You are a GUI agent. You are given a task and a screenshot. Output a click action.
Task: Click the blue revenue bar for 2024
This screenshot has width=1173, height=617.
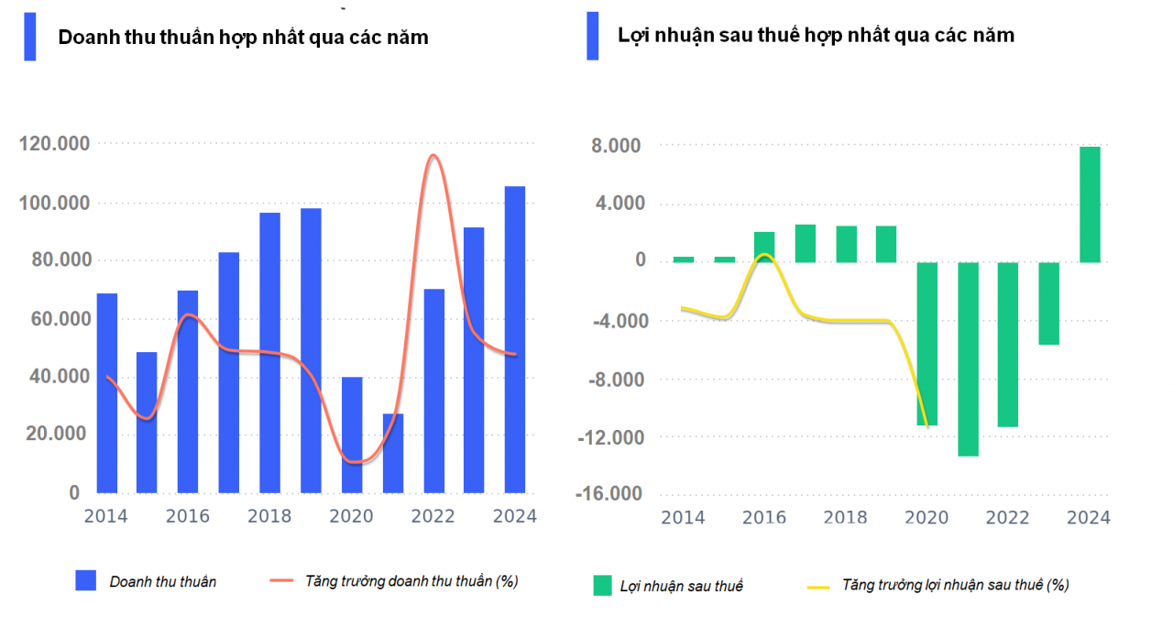(515, 339)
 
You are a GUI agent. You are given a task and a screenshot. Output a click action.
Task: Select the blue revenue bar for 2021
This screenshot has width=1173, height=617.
(393, 453)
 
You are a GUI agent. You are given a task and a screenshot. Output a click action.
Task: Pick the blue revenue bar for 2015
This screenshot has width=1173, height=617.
(147, 422)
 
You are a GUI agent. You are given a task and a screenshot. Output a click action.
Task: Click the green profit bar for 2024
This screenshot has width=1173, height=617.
(1090, 204)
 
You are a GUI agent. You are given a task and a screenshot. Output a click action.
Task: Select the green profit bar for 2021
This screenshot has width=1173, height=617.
(968, 358)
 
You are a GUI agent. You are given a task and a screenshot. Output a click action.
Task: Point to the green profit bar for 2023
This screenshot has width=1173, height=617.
(1048, 303)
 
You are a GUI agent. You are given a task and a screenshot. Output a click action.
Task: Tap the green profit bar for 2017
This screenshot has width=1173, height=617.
(805, 243)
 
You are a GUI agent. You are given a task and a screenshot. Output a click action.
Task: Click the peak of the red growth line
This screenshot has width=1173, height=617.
(433, 155)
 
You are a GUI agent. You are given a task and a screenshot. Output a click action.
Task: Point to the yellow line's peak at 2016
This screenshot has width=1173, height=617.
(765, 255)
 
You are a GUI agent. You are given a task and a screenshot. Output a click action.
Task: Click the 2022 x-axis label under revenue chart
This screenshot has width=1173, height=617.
(433, 516)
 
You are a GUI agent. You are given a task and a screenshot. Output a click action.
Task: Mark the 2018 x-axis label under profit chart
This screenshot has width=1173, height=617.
(846, 517)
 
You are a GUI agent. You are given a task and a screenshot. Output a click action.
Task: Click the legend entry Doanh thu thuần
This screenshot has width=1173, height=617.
(163, 581)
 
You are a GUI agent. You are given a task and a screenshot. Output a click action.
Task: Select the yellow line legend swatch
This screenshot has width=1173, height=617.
(817, 585)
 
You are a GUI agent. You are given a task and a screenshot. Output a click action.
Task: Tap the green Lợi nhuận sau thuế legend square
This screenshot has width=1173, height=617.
(602, 585)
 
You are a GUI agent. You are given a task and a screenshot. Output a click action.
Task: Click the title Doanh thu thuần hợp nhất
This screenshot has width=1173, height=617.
(243, 38)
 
